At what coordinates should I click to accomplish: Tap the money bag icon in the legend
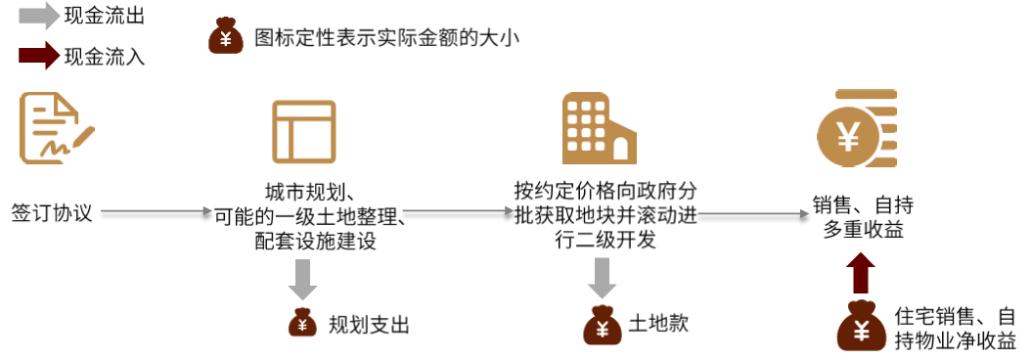coord(226,37)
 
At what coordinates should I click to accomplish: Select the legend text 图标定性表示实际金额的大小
coord(386,38)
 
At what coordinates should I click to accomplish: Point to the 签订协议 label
coord(52,211)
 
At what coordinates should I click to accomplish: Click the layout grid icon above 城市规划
coord(303,131)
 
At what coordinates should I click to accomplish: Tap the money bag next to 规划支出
coord(302,324)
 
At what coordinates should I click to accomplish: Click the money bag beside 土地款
coord(600,323)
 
